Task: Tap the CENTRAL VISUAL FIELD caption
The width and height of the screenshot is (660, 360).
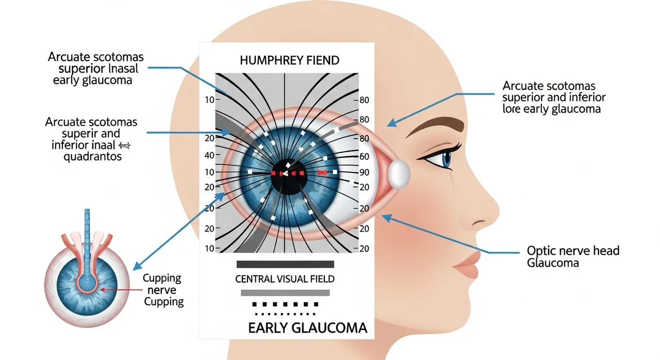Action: point(285,279)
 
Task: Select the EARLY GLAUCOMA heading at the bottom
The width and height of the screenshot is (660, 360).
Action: point(307,328)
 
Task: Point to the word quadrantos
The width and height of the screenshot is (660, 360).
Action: point(93,156)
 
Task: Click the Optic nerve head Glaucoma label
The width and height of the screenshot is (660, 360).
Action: point(573,257)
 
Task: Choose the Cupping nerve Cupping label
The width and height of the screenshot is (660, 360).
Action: point(163,290)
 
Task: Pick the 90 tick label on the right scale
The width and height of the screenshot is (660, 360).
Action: point(365,172)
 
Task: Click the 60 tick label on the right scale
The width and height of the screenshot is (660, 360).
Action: point(365,157)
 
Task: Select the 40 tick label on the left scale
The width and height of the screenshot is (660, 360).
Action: point(209,155)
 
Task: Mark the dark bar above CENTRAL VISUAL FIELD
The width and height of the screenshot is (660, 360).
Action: point(285,264)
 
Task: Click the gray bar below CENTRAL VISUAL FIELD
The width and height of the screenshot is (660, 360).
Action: point(285,293)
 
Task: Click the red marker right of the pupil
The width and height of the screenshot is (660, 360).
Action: point(323,172)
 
